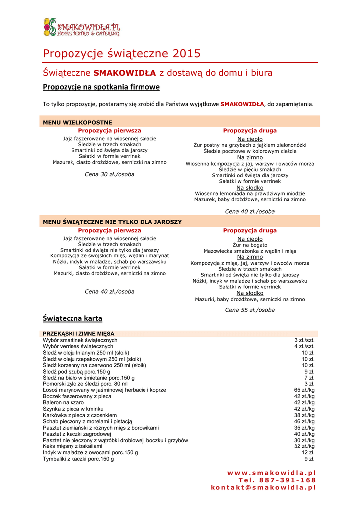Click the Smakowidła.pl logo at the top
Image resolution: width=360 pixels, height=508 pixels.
click(81, 27)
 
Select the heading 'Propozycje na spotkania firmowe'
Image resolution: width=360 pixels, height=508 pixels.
click(101, 87)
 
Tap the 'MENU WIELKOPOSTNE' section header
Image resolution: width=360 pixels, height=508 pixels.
click(77, 122)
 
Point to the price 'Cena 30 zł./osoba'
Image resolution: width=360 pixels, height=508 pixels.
click(109, 174)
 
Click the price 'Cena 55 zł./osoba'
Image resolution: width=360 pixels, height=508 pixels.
click(250, 310)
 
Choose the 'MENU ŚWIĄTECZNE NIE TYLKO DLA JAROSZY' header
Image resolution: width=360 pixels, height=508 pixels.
click(112, 222)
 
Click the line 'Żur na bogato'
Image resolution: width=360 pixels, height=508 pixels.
click(250, 245)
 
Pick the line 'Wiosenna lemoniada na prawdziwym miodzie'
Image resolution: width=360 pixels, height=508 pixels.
click(250, 193)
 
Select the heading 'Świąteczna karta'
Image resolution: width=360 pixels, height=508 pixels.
click(72, 318)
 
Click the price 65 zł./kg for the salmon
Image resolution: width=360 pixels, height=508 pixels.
click(304, 390)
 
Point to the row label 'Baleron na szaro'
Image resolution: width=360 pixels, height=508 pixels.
click(63, 403)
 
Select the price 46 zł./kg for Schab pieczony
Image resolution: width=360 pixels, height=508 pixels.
click(304, 421)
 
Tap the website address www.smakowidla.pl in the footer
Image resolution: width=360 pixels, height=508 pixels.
click(272, 473)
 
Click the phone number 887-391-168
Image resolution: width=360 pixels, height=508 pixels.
click(277, 480)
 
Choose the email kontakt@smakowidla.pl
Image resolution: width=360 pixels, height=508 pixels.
click(263, 488)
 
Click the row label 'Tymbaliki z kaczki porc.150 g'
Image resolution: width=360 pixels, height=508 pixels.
click(78, 459)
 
